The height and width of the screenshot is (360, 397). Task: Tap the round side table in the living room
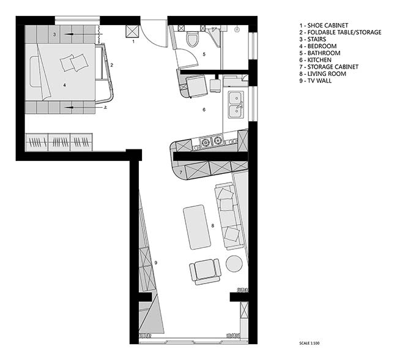pyautogui.click(x=234, y=264)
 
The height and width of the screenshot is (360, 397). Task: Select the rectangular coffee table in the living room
pyautogui.click(x=197, y=227)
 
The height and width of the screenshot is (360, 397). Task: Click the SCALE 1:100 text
pyautogui.click(x=309, y=343)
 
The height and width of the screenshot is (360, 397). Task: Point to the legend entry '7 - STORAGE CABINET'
pyautogui.click(x=329, y=67)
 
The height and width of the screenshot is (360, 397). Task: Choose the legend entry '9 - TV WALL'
pyautogui.click(x=316, y=81)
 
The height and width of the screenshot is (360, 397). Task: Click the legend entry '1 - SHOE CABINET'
pyautogui.click(x=324, y=25)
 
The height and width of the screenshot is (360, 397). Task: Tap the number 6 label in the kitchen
pyautogui.click(x=204, y=110)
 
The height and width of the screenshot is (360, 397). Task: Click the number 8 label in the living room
pyautogui.click(x=213, y=225)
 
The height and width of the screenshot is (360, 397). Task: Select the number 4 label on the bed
pyautogui.click(x=65, y=85)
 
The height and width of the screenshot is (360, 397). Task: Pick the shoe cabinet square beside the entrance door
pyautogui.click(x=132, y=31)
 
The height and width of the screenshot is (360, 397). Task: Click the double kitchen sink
pyautogui.click(x=236, y=105)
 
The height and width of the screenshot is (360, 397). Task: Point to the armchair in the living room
pyautogui.click(x=205, y=271)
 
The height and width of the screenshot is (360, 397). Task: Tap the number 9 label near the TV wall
pyautogui.click(x=156, y=263)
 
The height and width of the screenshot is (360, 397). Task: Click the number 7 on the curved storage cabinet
pyautogui.click(x=181, y=173)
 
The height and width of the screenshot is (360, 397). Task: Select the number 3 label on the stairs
pyautogui.click(x=54, y=34)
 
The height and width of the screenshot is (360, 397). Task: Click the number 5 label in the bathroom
pyautogui.click(x=204, y=54)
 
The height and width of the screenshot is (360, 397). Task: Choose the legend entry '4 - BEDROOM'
pyautogui.click(x=318, y=46)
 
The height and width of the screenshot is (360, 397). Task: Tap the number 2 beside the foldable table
pyautogui.click(x=111, y=65)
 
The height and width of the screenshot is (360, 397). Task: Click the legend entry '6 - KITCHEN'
pyautogui.click(x=316, y=60)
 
